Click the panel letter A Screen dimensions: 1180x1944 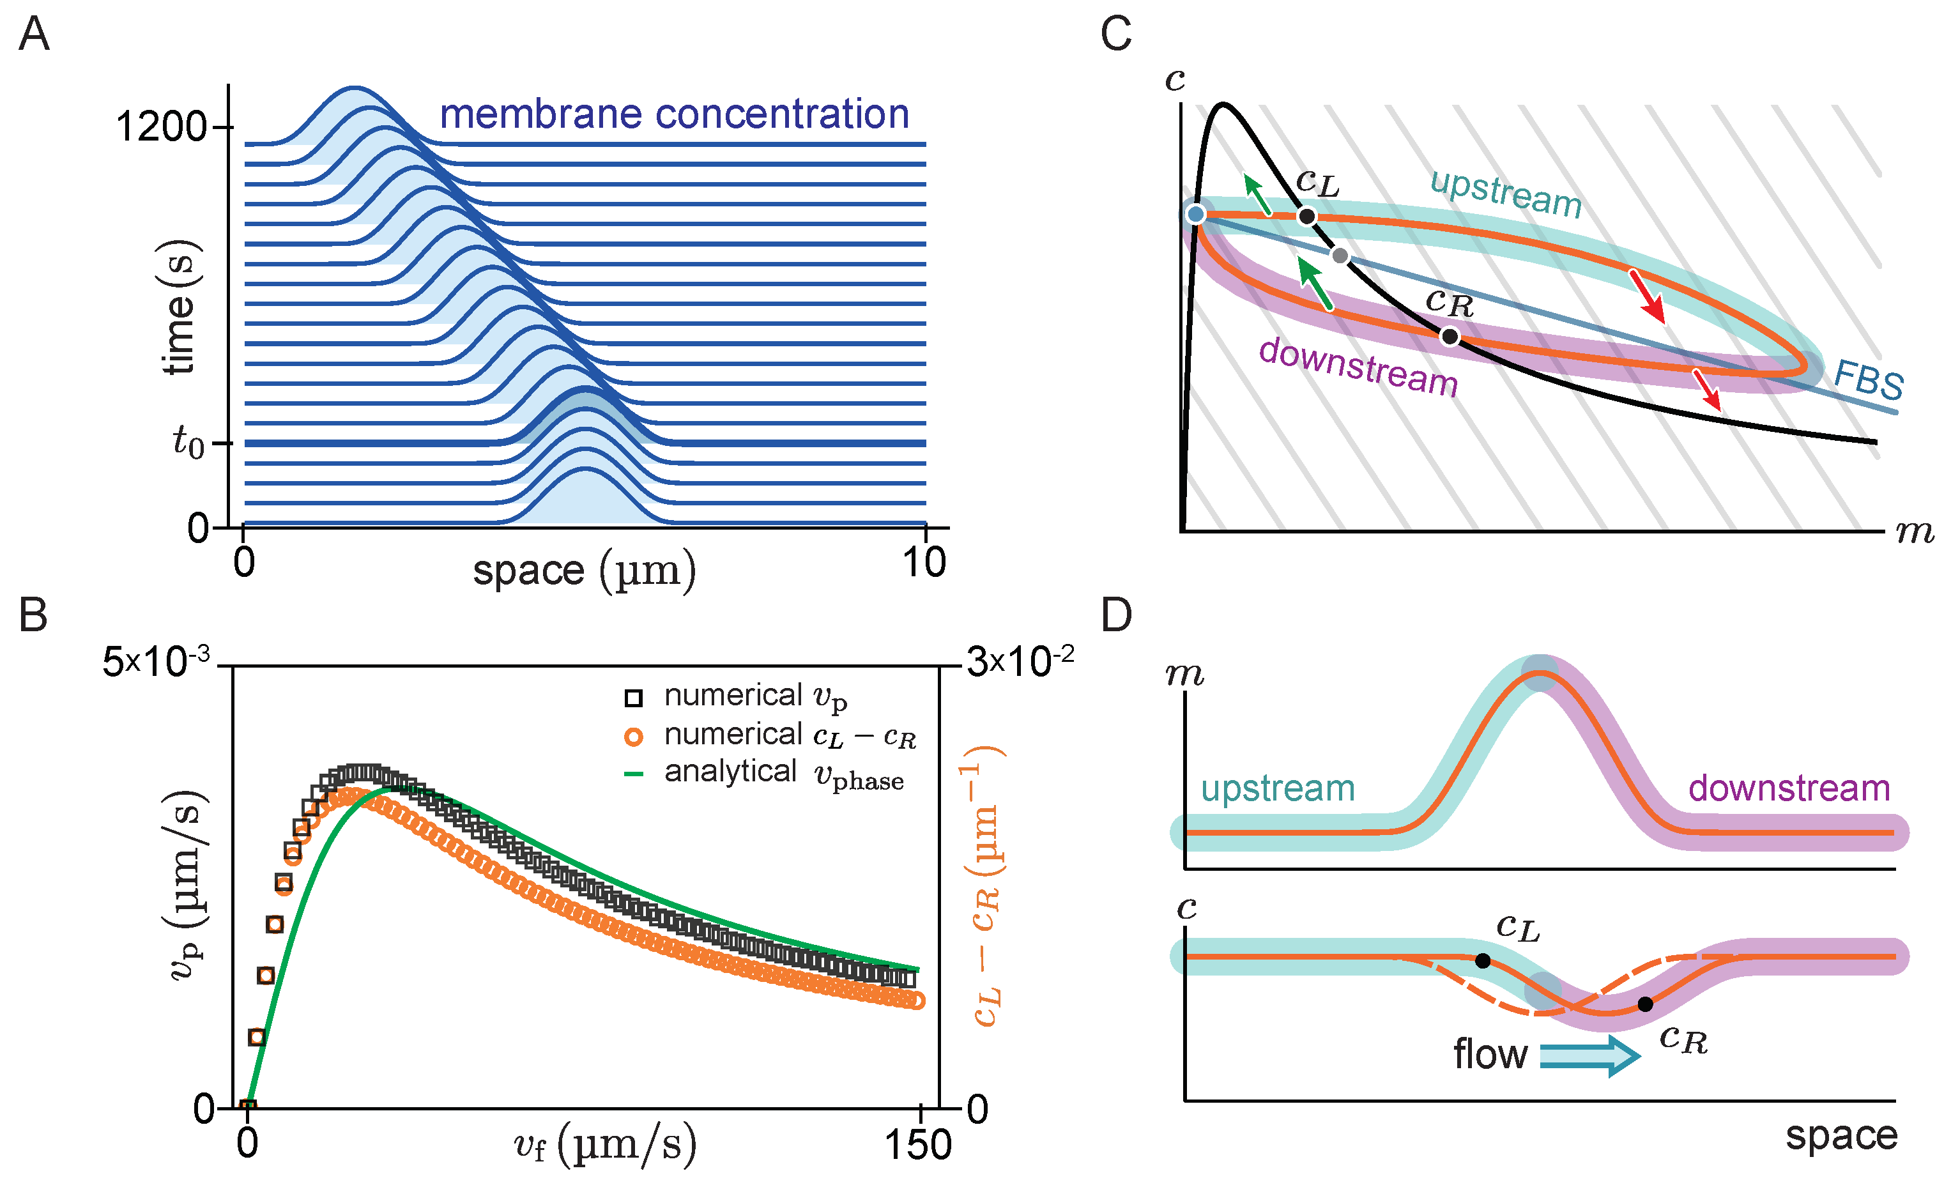(34, 34)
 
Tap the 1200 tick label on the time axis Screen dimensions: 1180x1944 (160, 126)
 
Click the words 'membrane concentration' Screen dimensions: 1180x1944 (674, 114)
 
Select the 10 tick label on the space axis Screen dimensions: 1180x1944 (924, 562)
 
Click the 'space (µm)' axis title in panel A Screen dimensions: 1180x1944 (584, 569)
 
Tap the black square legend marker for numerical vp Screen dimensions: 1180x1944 (634, 697)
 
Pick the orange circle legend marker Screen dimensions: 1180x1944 (634, 737)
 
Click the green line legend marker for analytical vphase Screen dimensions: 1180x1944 (634, 774)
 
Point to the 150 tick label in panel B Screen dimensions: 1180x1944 (917, 1144)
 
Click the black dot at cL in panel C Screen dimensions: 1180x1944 (1306, 215)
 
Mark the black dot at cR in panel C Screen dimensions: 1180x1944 (1450, 337)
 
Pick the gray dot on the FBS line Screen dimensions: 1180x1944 (1340, 256)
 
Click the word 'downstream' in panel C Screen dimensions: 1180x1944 (1358, 367)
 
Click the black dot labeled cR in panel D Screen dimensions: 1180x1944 (1645, 1004)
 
